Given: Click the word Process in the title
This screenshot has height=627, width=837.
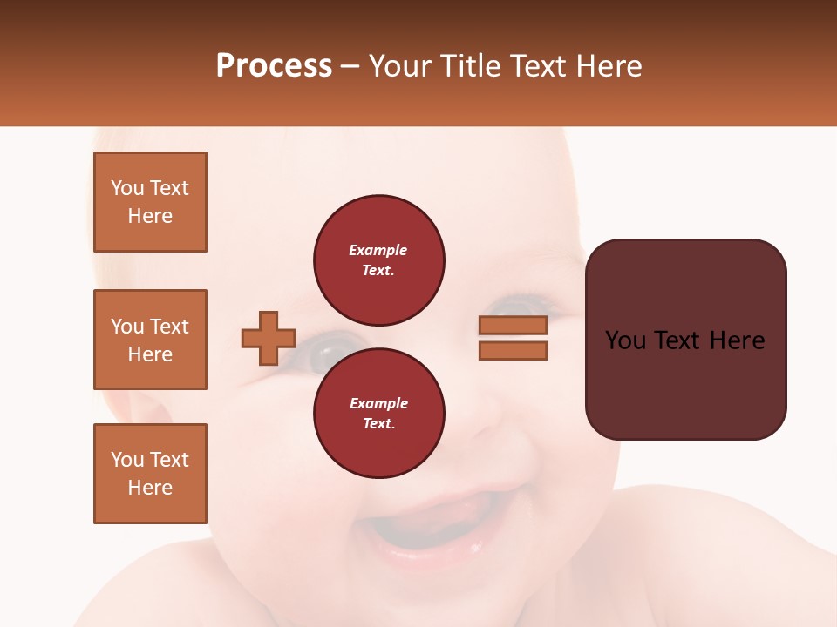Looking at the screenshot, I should click(274, 66).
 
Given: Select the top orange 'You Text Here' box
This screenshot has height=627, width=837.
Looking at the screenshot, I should click(150, 202).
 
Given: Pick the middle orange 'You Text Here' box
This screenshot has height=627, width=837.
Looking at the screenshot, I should click(150, 340).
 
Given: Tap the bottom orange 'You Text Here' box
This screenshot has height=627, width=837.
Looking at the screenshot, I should click(150, 474).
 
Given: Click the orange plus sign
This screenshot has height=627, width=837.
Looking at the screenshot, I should click(269, 338).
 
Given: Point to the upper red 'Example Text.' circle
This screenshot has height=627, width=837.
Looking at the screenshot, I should click(379, 260).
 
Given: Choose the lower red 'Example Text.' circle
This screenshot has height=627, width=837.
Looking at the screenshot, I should click(379, 414).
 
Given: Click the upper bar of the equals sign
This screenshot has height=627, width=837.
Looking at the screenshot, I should click(513, 325).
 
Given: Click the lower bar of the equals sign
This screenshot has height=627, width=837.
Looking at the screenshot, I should click(513, 351).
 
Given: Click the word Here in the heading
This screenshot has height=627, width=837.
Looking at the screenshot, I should click(608, 66).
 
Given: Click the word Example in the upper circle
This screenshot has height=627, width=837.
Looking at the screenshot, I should click(378, 250).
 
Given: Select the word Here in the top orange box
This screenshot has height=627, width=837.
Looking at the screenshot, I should click(150, 216).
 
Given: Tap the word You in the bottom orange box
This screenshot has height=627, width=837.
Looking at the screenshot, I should click(127, 460).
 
